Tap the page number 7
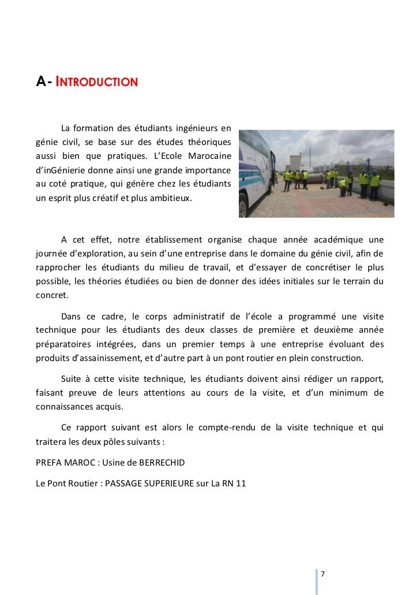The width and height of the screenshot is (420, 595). click(322, 574)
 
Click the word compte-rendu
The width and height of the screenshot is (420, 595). click(227, 427)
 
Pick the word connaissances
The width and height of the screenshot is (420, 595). click(67, 406)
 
